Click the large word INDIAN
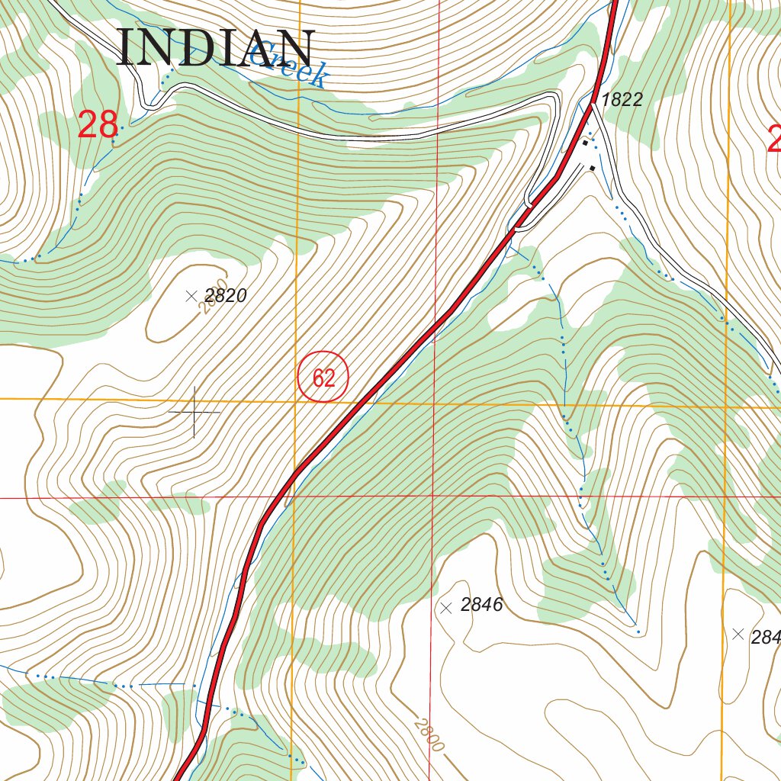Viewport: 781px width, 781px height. click(x=216, y=49)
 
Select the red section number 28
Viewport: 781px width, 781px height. click(x=98, y=125)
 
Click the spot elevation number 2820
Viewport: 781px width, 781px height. click(x=226, y=296)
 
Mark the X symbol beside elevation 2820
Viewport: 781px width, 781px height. click(x=191, y=296)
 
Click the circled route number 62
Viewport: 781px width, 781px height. click(x=323, y=378)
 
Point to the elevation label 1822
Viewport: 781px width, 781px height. click(x=622, y=99)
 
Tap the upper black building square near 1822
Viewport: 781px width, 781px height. click(x=586, y=142)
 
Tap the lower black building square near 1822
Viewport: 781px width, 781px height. click(x=593, y=167)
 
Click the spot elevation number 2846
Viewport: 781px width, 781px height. click(x=482, y=606)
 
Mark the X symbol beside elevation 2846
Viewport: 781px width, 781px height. click(x=446, y=608)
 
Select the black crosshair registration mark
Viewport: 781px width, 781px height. click(x=194, y=412)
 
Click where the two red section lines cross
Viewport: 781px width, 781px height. click(x=432, y=497)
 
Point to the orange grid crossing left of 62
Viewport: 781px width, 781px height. click(x=297, y=400)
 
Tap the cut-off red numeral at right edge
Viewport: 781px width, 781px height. click(x=774, y=139)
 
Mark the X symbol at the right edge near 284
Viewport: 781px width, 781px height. click(x=738, y=634)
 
